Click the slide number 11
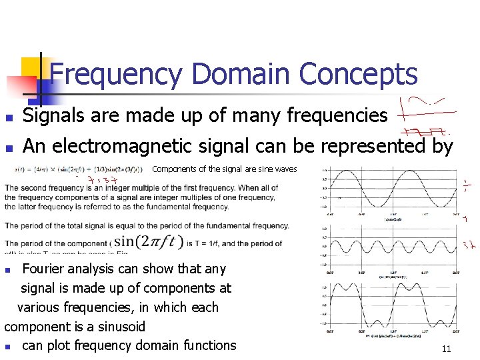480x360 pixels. (x=446, y=349)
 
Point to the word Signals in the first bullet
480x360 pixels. (x=56, y=116)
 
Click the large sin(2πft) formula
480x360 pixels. (x=148, y=241)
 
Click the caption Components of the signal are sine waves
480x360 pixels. (x=225, y=169)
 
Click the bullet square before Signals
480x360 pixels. (x=7, y=117)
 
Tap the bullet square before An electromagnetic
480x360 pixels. (x=7, y=146)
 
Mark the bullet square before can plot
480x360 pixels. (x=7, y=346)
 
